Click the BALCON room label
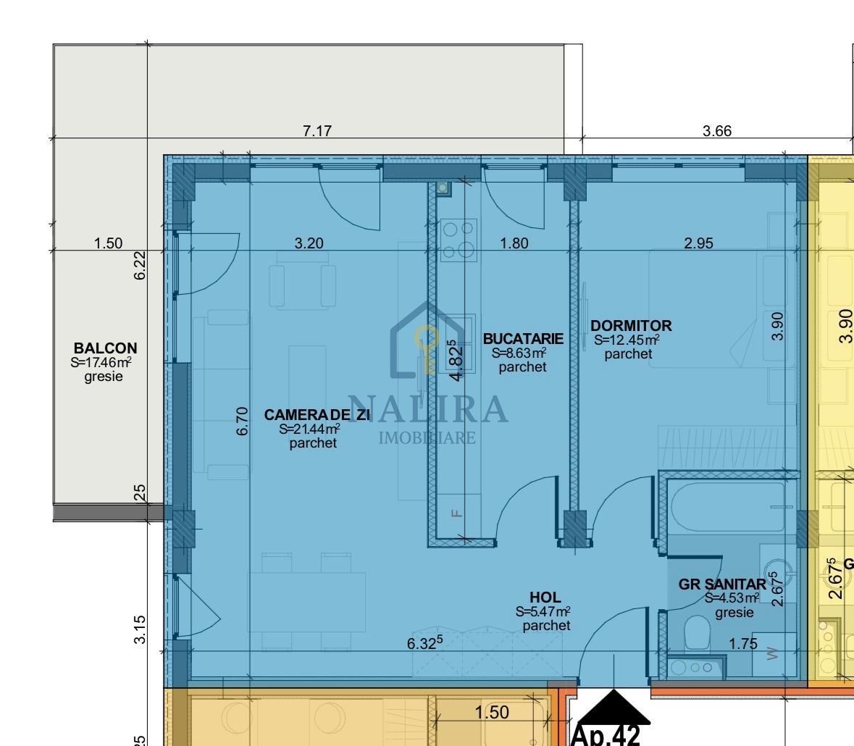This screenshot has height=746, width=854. coord(105,348)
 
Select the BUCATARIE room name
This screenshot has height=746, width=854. coord(523,338)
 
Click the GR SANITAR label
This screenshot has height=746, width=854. coord(722,584)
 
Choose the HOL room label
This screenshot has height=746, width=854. coord(545,598)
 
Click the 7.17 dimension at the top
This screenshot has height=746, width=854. coord(317,131)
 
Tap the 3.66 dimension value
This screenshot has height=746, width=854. coord(717,131)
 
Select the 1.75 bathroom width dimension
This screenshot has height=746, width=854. coord(743,644)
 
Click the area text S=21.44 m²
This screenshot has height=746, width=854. coord(310,429)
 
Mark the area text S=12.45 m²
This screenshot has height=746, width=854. coord(627,340)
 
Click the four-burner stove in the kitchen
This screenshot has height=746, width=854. coord(459,240)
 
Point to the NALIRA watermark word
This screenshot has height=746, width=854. coord(427,409)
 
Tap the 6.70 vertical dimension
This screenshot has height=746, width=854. coord(243,421)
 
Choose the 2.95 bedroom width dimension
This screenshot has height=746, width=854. coord(698,243)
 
